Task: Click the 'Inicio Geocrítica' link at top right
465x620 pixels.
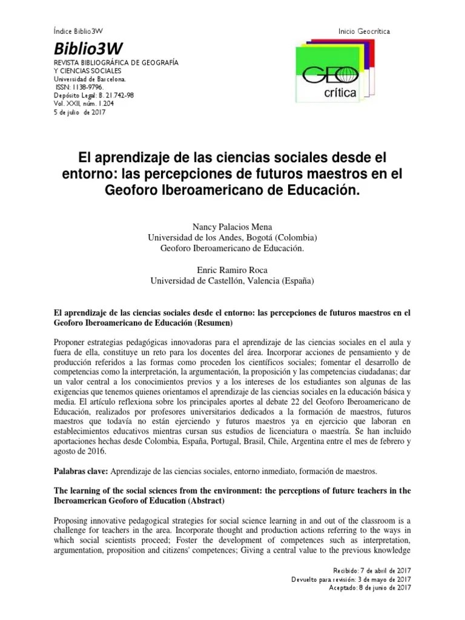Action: (364, 30)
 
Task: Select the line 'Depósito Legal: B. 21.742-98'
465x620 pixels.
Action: (94, 95)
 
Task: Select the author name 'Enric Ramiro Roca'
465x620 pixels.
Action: (232, 270)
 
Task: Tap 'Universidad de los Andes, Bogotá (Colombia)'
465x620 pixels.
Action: (232, 237)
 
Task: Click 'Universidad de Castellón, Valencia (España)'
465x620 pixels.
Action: (232, 280)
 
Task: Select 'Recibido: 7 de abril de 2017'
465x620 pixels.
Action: (372, 571)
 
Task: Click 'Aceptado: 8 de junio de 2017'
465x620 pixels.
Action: (369, 587)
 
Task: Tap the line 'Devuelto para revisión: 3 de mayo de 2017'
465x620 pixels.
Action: (351, 579)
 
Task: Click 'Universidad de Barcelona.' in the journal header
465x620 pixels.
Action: (90, 79)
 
